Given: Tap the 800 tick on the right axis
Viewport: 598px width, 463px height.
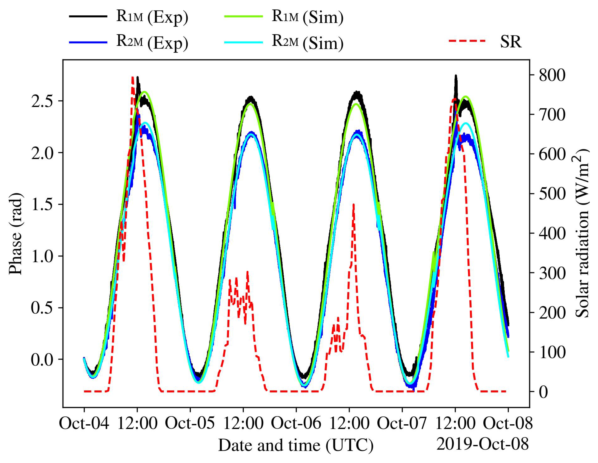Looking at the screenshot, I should [552, 75].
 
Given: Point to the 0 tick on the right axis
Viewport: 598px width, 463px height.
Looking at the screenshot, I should [544, 392].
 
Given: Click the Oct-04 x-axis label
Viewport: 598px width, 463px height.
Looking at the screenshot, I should [84, 423].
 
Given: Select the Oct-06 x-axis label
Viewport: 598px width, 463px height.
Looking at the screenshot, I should [296, 423].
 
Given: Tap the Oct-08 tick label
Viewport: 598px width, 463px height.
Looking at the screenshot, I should [508, 423].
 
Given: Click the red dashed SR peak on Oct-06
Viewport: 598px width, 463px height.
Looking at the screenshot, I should [353, 205].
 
